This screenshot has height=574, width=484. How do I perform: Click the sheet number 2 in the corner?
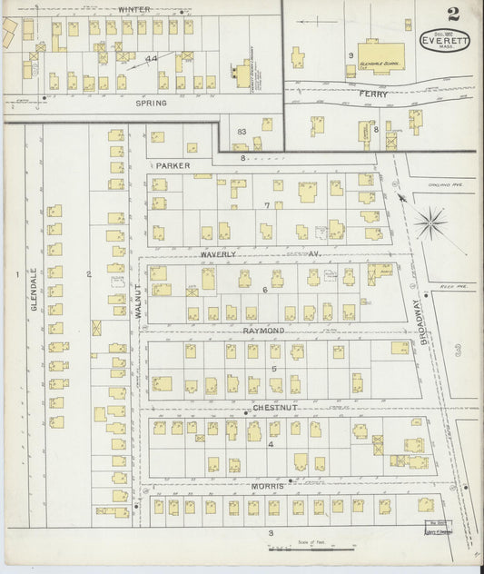click(452, 14)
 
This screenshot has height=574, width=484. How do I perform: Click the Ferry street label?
click(373, 94)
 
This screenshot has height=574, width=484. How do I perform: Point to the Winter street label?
click(134, 10)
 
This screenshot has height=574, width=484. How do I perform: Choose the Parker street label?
click(172, 166)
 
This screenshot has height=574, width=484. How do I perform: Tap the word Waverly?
click(218, 254)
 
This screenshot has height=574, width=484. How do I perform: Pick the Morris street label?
click(268, 486)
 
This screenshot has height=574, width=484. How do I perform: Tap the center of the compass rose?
click(430, 219)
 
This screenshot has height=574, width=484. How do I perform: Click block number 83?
click(241, 133)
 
